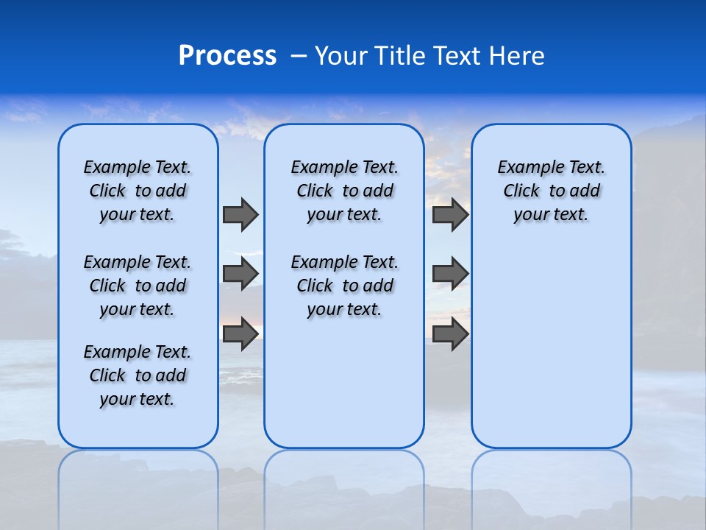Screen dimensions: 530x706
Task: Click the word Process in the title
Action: [227, 56]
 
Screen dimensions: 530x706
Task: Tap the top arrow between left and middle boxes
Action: [240, 214]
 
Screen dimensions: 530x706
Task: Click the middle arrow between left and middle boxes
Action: [240, 274]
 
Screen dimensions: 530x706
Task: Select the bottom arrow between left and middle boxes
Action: [240, 334]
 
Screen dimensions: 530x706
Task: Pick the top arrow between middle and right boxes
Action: [450, 214]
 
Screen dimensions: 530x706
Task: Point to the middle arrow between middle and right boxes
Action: [450, 274]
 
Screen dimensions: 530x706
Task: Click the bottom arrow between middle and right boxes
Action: [450, 334]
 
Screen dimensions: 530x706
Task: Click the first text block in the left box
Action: [138, 191]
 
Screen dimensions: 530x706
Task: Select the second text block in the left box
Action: [138, 286]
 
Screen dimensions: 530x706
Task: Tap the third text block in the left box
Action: [138, 375]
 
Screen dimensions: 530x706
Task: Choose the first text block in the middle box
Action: [345, 191]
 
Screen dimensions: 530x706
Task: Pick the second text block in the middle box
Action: [345, 286]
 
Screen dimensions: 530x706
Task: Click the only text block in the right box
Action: [552, 191]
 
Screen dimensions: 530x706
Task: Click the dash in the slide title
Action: [299, 57]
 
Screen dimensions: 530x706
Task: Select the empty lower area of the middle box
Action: [345, 383]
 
